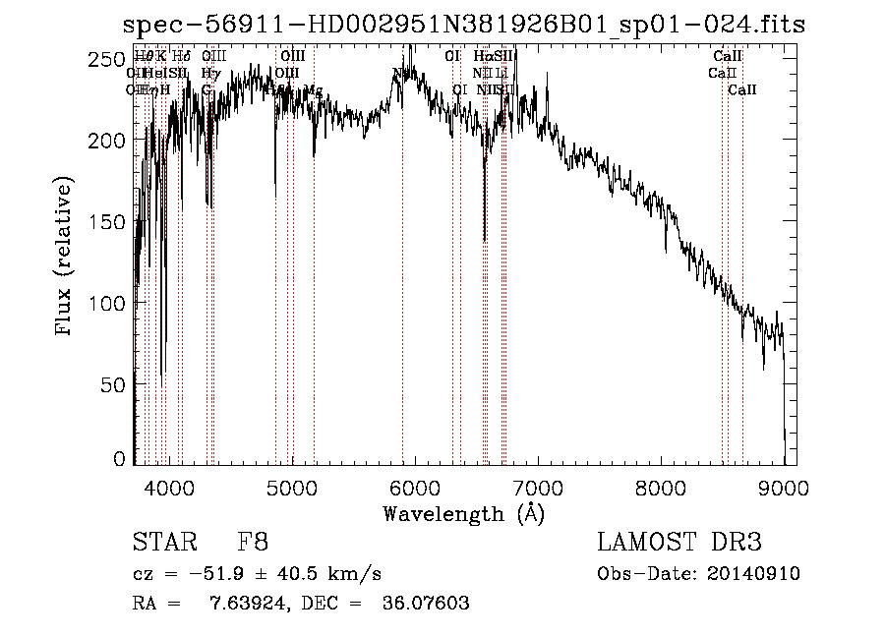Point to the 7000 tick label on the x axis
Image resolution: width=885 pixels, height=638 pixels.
pos(537,485)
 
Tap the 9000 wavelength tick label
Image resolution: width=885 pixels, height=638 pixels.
pos(784,485)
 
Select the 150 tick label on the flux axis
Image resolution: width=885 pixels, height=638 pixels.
pos(111,221)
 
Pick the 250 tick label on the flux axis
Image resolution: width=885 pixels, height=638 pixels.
pos(111,60)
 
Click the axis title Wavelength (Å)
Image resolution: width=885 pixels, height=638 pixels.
pos(463,512)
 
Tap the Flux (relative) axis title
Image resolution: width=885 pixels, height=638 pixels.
pos(66,258)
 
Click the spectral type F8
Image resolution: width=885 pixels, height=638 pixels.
pos(254,542)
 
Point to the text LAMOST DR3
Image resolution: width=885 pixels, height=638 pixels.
pos(679,542)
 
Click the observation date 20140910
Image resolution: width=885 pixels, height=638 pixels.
pos(755,574)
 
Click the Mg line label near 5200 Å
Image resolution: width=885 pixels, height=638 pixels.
pos(314,90)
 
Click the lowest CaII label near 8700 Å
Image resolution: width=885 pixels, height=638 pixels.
pos(742,90)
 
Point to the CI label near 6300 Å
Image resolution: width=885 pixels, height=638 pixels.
pos(452,56)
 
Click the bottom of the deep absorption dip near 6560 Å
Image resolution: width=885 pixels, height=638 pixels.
pos(484,239)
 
